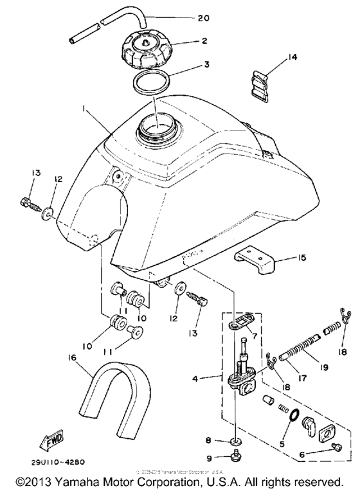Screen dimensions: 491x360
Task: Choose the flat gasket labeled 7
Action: click(242, 321)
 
